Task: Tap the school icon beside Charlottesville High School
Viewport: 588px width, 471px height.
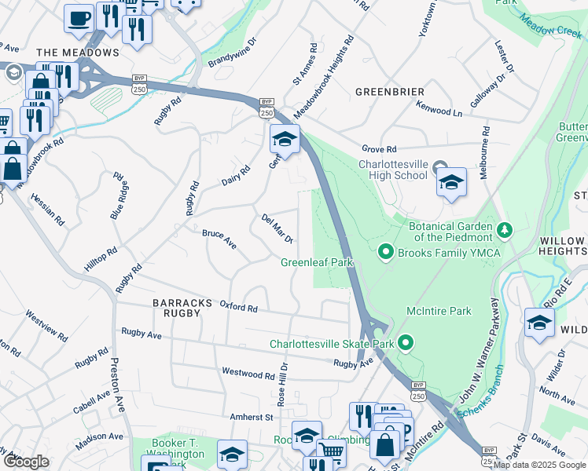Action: point(451,184)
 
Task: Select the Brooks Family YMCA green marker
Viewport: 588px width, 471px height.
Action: point(385,252)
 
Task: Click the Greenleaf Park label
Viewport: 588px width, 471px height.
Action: point(317,263)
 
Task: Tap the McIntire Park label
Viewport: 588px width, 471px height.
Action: point(439,311)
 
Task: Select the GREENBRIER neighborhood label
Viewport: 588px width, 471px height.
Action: point(390,92)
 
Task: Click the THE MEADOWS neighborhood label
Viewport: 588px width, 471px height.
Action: point(78,53)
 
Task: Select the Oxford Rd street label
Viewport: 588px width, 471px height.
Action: point(239,307)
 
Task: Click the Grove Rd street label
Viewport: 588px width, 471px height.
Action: point(380,148)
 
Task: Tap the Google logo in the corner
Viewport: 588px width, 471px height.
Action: point(26,462)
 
